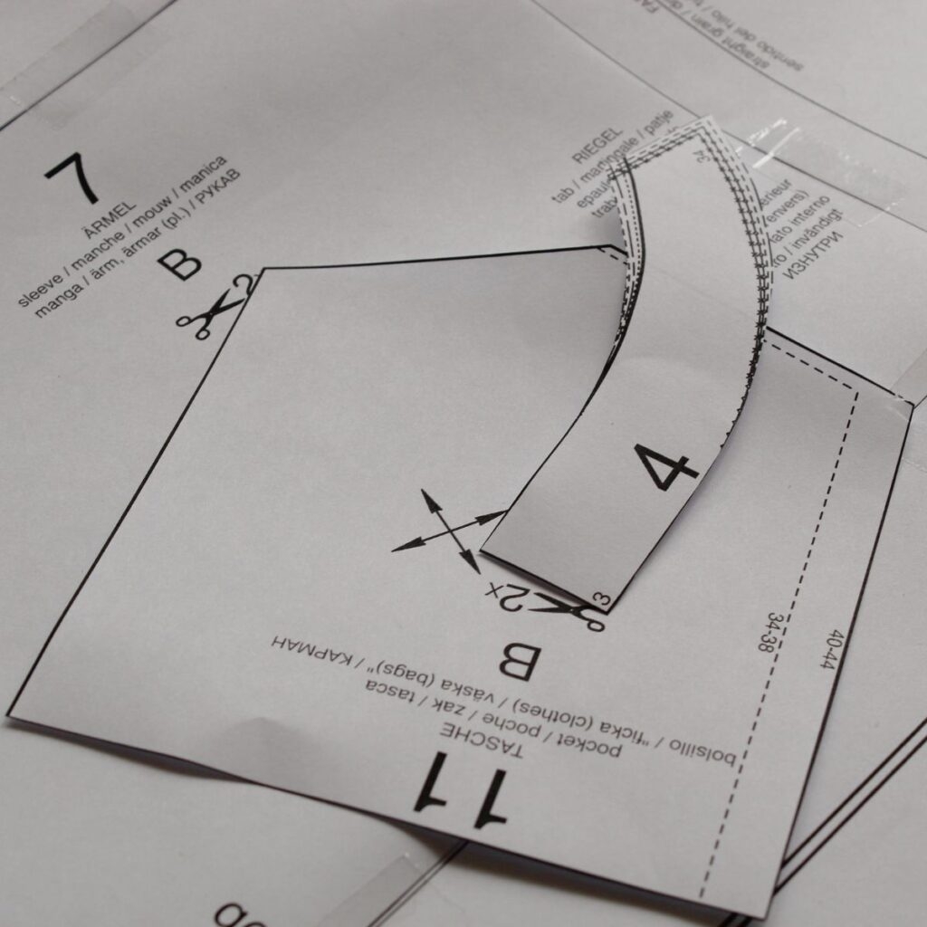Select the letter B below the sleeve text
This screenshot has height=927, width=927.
179,263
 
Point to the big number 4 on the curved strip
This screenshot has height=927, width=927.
665,465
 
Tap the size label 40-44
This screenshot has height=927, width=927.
831,648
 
